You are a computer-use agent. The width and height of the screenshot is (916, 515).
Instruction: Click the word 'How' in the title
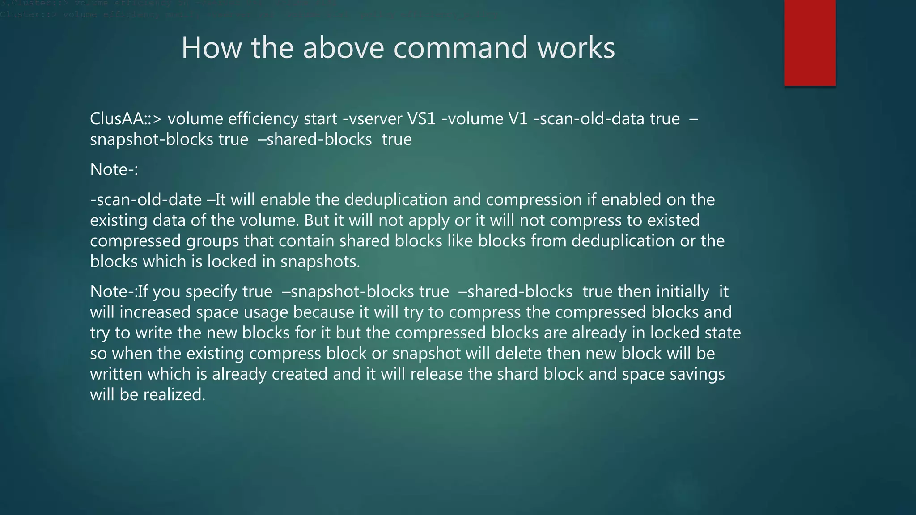(211, 48)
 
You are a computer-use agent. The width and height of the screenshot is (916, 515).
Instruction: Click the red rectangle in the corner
(810, 43)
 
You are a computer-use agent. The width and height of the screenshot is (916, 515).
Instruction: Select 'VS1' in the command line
(421, 119)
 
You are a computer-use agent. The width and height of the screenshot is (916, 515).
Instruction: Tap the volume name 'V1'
(518, 119)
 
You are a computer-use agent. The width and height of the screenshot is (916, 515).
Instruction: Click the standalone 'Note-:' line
(114, 169)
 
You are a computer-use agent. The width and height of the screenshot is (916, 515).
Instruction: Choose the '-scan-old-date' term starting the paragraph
(146, 199)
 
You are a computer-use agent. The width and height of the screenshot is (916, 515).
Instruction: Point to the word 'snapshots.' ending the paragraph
(320, 262)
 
